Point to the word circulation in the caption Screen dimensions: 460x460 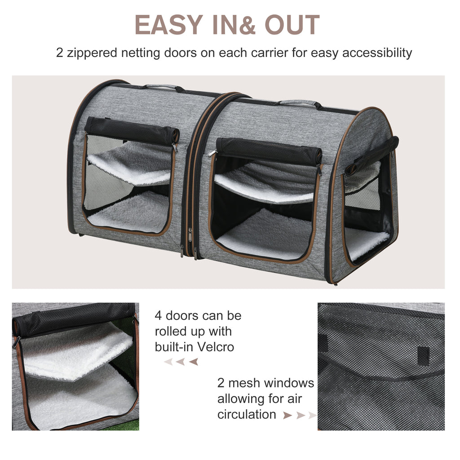tap(247, 414)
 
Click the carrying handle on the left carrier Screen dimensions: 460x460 tap(159, 86)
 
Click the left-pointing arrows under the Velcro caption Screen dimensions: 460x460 tap(181, 362)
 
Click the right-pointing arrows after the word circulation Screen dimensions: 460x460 tap(299, 416)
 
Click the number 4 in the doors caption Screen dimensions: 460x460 tap(158, 316)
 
